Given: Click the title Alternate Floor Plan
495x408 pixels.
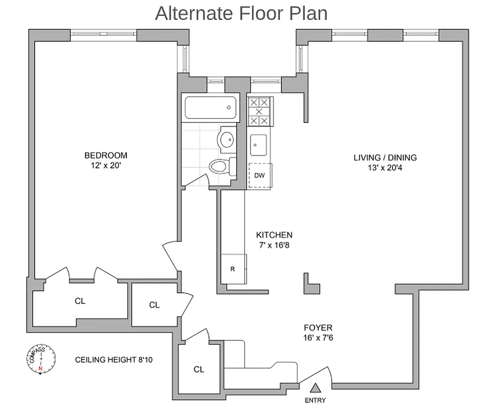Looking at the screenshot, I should point(241,13).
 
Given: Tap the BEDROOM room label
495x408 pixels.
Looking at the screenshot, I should point(106,156).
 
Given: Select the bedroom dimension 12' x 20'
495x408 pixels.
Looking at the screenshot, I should point(106,165).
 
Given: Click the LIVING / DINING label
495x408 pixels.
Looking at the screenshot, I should point(385,157).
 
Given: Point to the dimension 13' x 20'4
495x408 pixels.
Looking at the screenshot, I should point(385,167).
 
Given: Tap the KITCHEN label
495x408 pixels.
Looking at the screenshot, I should point(274,235).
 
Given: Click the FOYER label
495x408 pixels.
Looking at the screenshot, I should point(318,328).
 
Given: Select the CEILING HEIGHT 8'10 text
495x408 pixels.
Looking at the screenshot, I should point(114,360).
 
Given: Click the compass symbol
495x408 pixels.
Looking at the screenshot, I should point(41,360).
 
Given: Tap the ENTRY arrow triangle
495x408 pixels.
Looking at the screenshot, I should point(316,388).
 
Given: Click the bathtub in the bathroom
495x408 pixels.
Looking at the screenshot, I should point(211,108).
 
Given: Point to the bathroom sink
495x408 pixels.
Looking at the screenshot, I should point(227,139).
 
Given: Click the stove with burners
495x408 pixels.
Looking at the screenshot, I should point(259,111).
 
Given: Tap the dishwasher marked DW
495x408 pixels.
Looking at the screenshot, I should point(259,176).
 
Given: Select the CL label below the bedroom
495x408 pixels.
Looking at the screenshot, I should point(80,301).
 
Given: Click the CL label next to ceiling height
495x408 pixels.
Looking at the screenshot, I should point(199,369).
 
